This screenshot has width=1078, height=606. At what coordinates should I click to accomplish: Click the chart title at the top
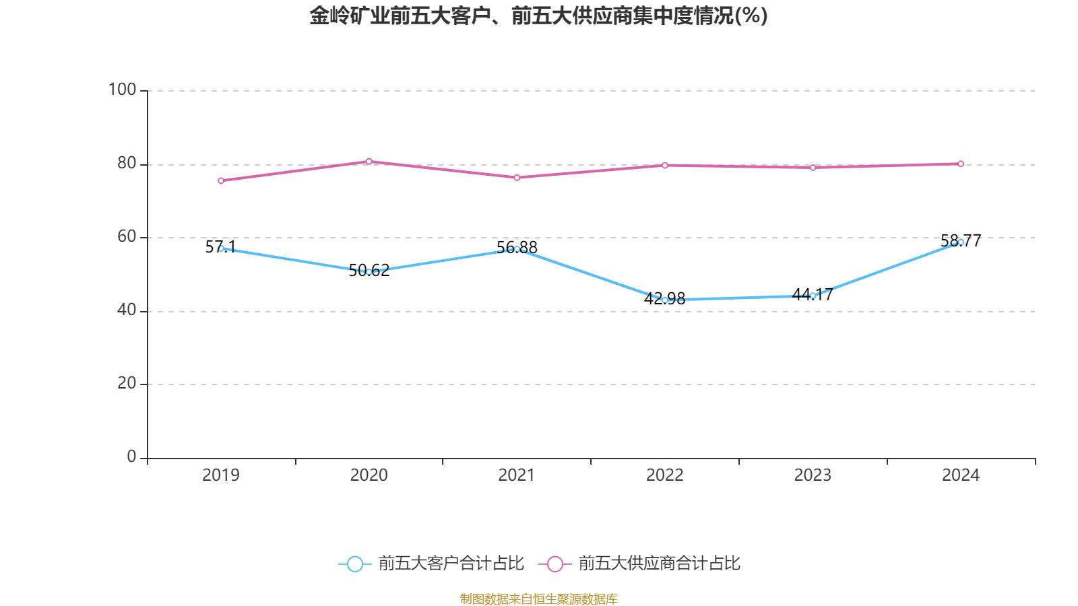click(x=538, y=15)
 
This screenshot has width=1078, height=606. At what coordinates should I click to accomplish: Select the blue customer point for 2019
click(x=221, y=248)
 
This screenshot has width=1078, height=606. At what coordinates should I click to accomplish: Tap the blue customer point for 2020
click(x=369, y=272)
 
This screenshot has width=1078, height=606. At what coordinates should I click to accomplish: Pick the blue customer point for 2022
click(x=665, y=300)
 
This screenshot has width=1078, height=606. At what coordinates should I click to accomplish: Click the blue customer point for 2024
click(x=961, y=242)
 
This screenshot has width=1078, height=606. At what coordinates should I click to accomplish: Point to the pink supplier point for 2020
click(x=369, y=161)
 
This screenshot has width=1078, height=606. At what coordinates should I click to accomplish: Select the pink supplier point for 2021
click(x=517, y=178)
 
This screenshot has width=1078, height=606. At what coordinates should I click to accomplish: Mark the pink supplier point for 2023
click(x=813, y=168)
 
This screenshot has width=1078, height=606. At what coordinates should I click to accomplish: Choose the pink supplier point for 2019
click(x=221, y=180)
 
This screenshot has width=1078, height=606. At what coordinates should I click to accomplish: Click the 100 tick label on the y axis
click(x=122, y=90)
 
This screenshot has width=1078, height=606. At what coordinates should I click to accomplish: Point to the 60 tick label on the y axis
click(x=126, y=237)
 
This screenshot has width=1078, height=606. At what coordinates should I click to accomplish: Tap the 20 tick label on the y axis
click(x=126, y=384)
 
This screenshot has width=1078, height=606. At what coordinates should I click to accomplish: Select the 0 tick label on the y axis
click(x=131, y=457)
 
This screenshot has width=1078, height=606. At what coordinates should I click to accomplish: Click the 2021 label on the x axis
click(x=517, y=475)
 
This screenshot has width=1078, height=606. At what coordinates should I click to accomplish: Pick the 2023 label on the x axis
click(x=813, y=475)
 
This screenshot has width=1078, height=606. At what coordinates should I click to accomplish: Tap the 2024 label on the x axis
click(x=961, y=475)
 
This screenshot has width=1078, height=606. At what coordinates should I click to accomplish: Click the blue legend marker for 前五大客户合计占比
click(x=354, y=564)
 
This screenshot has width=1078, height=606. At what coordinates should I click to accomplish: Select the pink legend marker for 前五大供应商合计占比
click(x=554, y=564)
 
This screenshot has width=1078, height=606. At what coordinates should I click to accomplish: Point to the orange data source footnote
click(x=538, y=599)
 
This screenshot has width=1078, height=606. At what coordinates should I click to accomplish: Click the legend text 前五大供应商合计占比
click(x=659, y=564)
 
